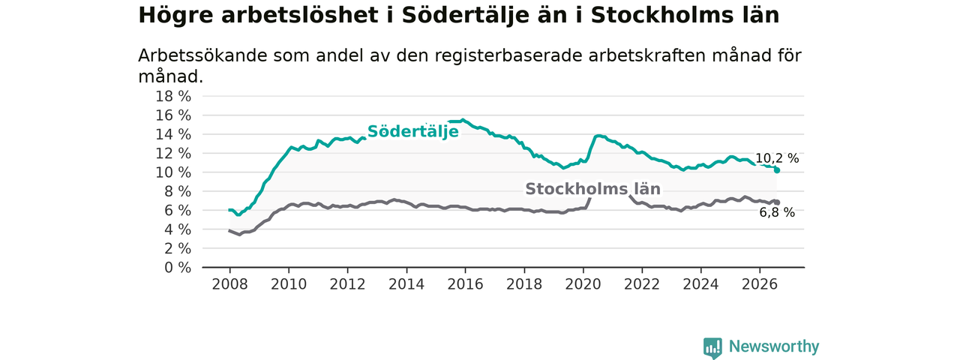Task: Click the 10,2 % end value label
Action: click(x=776, y=158)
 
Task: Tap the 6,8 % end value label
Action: click(x=777, y=212)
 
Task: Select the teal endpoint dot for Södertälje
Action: click(x=776, y=170)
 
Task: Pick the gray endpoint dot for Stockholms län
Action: click(x=776, y=202)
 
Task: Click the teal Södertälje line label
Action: click(x=413, y=131)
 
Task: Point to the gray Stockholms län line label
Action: click(x=592, y=189)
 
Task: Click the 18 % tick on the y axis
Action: click(x=173, y=97)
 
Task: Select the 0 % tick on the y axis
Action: click(x=178, y=268)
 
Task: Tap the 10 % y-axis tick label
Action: click(x=173, y=172)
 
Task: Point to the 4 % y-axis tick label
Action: click(x=178, y=229)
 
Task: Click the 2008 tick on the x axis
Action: click(x=229, y=284)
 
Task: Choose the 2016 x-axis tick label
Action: click(x=465, y=284)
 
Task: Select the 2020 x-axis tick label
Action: click(x=583, y=284)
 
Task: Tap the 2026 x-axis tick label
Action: click(x=760, y=284)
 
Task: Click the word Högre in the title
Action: click(x=175, y=16)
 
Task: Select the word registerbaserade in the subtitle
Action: click(x=508, y=55)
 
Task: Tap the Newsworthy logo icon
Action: click(x=712, y=346)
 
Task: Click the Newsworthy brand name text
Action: click(x=774, y=346)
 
